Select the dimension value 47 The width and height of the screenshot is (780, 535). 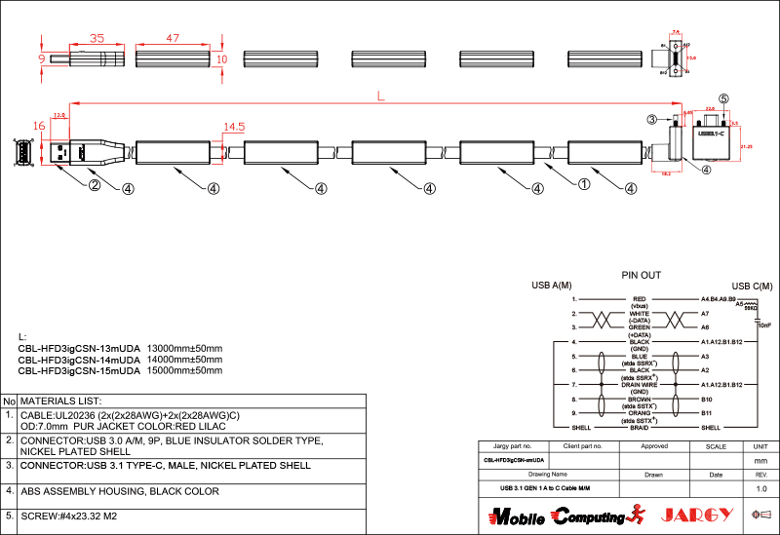pyautogui.click(x=173, y=38)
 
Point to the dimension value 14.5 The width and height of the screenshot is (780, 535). pyautogui.click(x=234, y=127)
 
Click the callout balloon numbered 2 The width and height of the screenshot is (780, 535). pyautogui.click(x=95, y=184)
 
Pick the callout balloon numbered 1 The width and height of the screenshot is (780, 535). pyautogui.click(x=585, y=182)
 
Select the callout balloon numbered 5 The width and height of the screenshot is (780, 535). pyautogui.click(x=723, y=99)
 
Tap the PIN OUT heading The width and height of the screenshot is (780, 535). pyautogui.click(x=642, y=276)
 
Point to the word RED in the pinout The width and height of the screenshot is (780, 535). pyautogui.click(x=640, y=299)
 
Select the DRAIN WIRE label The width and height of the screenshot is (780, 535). pyautogui.click(x=640, y=384)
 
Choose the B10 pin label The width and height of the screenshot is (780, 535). pyautogui.click(x=706, y=399)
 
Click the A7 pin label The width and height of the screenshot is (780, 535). pyautogui.click(x=705, y=314)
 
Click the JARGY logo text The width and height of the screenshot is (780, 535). pyautogui.click(x=696, y=515)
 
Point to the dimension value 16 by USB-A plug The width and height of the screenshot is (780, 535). pyautogui.click(x=39, y=127)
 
